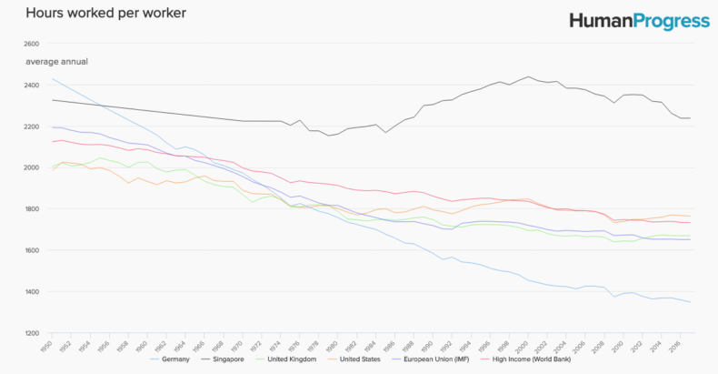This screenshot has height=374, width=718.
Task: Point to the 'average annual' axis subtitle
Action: point(56,61)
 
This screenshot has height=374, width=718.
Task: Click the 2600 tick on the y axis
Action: point(31,44)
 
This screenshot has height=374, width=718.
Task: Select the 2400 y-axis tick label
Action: point(31,86)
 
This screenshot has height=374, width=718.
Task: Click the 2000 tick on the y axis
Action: point(31,168)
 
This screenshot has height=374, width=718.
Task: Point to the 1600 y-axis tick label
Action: point(31,250)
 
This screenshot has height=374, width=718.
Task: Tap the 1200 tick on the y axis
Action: point(31,333)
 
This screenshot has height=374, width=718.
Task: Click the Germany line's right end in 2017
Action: point(690,302)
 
